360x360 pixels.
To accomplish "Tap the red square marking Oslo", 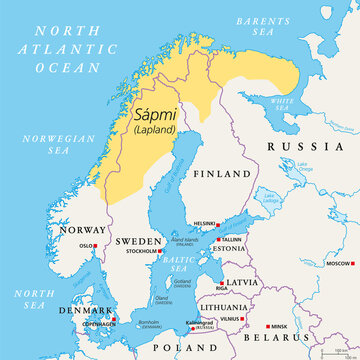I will (x=99, y=245).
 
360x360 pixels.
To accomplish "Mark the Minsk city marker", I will (x=268, y=327).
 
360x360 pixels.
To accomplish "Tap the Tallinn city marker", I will (x=222, y=240).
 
